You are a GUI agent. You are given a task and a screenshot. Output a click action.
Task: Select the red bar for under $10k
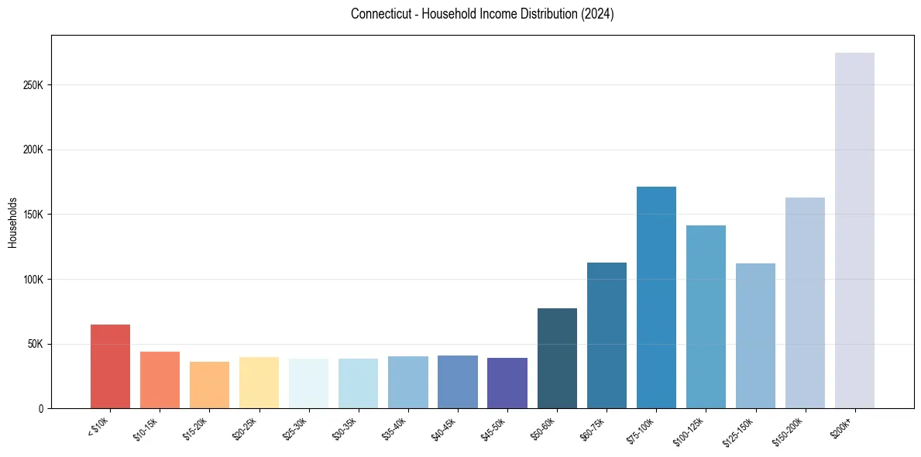point(110,366)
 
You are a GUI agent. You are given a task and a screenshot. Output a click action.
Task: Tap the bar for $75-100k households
point(656,297)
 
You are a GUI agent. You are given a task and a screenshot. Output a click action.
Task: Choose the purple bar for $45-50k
point(507,383)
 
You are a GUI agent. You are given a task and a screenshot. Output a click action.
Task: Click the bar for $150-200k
point(805,303)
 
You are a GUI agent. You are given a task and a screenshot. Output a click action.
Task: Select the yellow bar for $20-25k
point(259,383)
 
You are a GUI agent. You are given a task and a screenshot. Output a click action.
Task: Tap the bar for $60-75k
point(607,335)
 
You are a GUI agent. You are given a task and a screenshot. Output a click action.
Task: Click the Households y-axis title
point(13,222)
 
